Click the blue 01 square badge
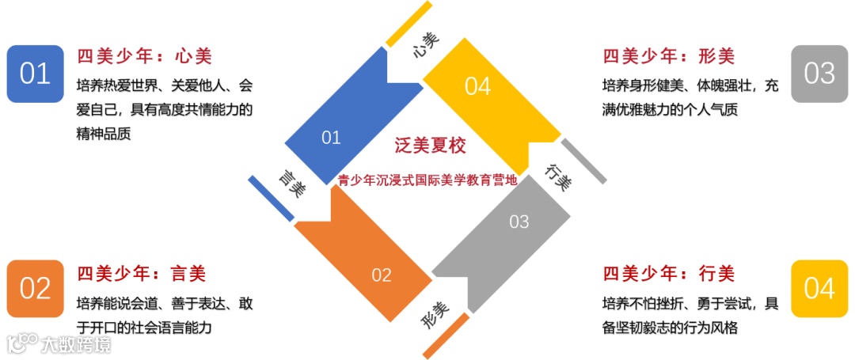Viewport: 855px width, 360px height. click(35, 74)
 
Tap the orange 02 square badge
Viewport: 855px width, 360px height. click(35, 288)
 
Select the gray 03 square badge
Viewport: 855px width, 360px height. click(819, 74)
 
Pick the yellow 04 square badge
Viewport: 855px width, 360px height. click(819, 288)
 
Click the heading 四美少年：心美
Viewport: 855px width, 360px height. click(144, 57)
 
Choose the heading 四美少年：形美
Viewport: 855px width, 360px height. click(668, 57)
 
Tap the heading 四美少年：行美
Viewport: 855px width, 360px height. click(668, 274)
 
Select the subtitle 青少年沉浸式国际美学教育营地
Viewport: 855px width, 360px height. click(427, 180)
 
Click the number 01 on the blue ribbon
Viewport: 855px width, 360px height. click(331, 138)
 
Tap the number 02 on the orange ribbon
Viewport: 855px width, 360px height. click(382, 275)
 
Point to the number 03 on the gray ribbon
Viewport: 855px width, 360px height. click(519, 222)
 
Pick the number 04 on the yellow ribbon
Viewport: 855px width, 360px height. click(478, 86)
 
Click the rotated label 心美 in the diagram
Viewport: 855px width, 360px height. click(426, 46)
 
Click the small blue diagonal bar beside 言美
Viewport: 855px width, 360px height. click(270, 198)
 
